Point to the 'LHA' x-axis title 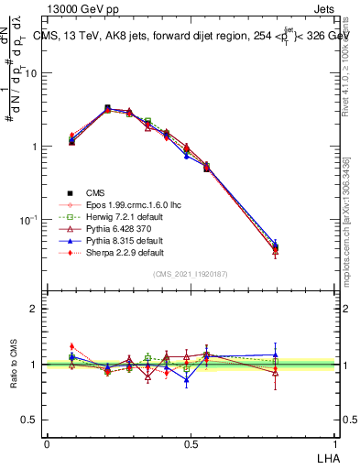tap(326, 457)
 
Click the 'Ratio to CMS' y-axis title tap(15, 365)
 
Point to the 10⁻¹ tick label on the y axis tap(29, 221)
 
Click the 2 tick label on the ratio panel tap(34, 309)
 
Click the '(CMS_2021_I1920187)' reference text tap(191, 275)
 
